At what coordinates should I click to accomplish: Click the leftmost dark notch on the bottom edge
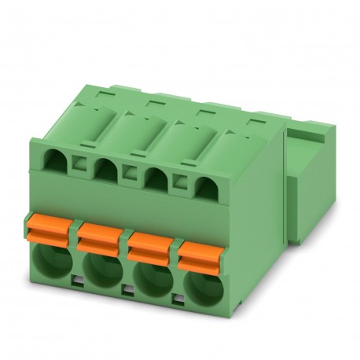coord(77,280)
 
